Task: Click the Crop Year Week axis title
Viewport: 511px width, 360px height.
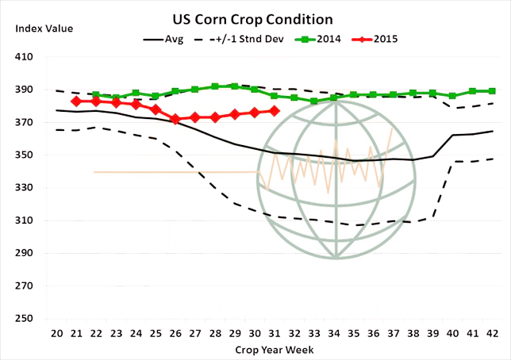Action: click(x=275, y=350)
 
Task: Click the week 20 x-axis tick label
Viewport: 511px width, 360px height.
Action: click(x=56, y=332)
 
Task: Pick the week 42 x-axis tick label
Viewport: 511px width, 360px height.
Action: click(x=492, y=332)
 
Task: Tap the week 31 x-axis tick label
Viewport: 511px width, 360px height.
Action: click(x=274, y=332)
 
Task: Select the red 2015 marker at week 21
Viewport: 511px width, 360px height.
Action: click(x=75, y=101)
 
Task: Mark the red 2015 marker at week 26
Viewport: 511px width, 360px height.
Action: click(x=175, y=119)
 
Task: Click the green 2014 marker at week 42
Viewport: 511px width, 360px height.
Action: click(x=492, y=91)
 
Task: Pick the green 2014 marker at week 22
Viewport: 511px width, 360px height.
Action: click(x=95, y=95)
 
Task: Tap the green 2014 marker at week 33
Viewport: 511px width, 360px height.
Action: click(x=313, y=101)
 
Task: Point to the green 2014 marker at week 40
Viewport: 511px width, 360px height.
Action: click(x=452, y=96)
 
